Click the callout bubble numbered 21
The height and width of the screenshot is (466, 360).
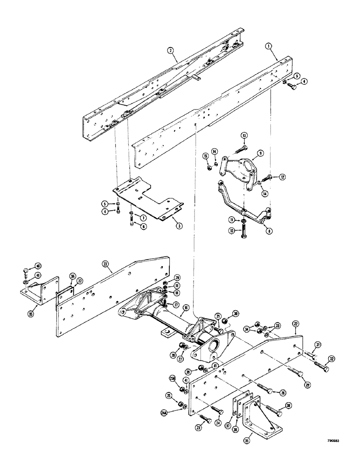[x=217, y=317]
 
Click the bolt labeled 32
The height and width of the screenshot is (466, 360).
[x=322, y=369]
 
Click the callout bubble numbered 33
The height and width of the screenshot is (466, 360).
[x=278, y=326]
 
